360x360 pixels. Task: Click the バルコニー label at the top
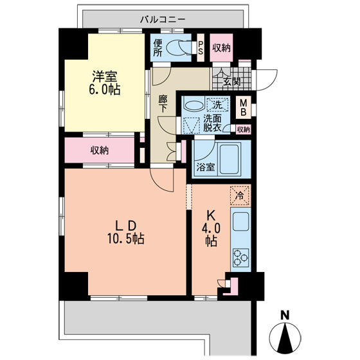click(x=163, y=19)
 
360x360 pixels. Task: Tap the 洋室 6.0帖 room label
click(x=105, y=83)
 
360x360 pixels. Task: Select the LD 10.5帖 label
click(x=126, y=233)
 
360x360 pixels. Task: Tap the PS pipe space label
click(x=201, y=48)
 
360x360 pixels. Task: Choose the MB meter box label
click(x=243, y=108)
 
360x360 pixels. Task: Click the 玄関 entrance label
click(x=232, y=81)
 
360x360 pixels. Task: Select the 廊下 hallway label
click(x=163, y=104)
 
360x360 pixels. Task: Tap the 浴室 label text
click(x=206, y=167)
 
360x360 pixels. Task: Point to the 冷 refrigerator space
click(x=240, y=195)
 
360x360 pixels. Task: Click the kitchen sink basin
click(x=240, y=221)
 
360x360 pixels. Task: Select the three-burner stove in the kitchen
click(x=240, y=258)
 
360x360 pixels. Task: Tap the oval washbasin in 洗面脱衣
click(x=194, y=106)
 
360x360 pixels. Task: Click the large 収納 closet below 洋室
click(x=100, y=150)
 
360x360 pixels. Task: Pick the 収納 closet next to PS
click(x=221, y=48)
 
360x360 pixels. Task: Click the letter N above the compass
click(x=285, y=315)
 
